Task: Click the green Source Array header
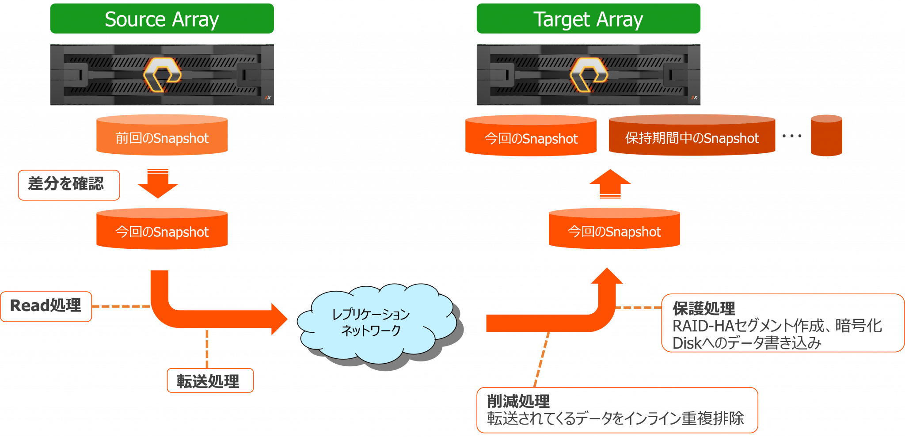(162, 19)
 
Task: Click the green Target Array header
(588, 19)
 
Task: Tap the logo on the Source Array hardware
(162, 74)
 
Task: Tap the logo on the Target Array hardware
(589, 74)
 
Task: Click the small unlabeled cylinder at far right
(826, 136)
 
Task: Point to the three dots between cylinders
(792, 136)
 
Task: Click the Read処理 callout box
(46, 306)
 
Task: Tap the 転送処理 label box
(210, 380)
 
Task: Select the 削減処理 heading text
(518, 401)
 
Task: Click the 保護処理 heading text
(703, 308)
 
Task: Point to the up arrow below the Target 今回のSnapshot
(610, 184)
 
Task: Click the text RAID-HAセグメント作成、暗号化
(777, 326)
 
